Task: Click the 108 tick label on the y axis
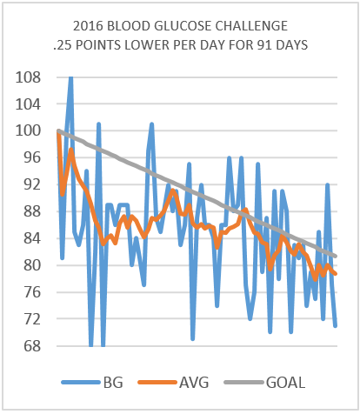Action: pyautogui.click(x=28, y=77)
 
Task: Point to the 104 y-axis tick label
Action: pyautogui.click(x=28, y=104)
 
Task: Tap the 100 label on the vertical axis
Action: pyautogui.click(x=28, y=131)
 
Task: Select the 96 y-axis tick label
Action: pyautogui.click(x=32, y=158)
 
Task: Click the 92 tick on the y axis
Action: pyautogui.click(x=32, y=184)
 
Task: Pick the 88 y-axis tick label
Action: pyautogui.click(x=32, y=211)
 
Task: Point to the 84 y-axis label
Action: pyautogui.click(x=32, y=238)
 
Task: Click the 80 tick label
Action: pyautogui.click(x=32, y=265)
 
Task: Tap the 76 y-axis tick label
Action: pyautogui.click(x=32, y=292)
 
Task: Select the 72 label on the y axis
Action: pyautogui.click(x=32, y=319)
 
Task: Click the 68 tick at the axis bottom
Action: pyautogui.click(x=32, y=346)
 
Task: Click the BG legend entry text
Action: pyautogui.click(x=113, y=383)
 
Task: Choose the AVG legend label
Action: pyautogui.click(x=194, y=383)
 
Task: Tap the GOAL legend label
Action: pyautogui.click(x=285, y=383)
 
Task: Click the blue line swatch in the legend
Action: pyautogui.click(x=81, y=383)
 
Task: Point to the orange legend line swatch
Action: pyautogui.click(x=157, y=383)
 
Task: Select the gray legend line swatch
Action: pyautogui.click(x=244, y=383)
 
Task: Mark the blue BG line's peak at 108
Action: pyautogui.click(x=70, y=77)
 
